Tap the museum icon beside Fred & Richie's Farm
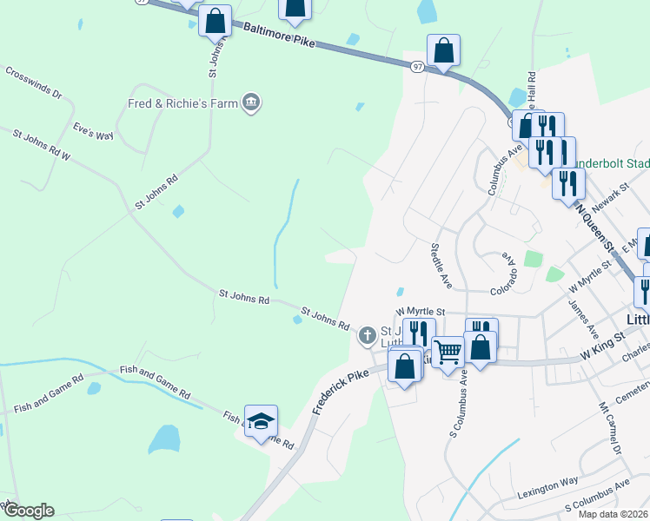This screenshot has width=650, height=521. pyautogui.click(x=252, y=103)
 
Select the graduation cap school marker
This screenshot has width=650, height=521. pyautogui.click(x=261, y=422)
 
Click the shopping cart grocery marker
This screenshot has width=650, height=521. pyautogui.click(x=448, y=353)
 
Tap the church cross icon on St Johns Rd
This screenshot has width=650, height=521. pyautogui.click(x=368, y=334)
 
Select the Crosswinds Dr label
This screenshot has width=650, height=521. pyautogui.click(x=33, y=82)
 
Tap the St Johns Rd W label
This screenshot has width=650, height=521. pyautogui.click(x=41, y=145)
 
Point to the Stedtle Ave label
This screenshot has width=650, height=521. pyautogui.click(x=441, y=266)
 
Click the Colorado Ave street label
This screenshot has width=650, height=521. pyautogui.click(x=510, y=272)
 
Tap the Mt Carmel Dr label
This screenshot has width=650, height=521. pyautogui.click(x=610, y=427)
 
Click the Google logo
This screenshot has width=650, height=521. pyautogui.click(x=28, y=511)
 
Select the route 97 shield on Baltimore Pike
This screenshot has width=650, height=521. pyautogui.click(x=418, y=67)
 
